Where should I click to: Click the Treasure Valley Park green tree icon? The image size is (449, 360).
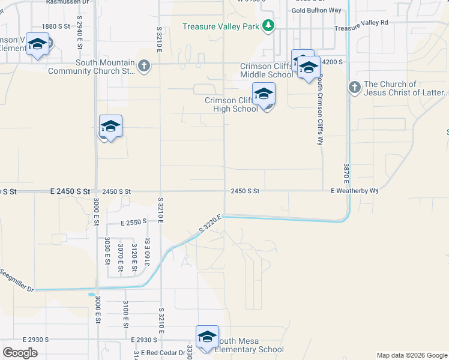tap(268, 25)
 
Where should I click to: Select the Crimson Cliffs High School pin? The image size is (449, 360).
tap(264, 95)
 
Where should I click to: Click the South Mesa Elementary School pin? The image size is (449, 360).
tap(207, 337)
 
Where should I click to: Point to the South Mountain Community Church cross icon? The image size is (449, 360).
tap(143, 66)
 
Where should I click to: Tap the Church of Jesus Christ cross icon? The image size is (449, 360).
tap(354, 88)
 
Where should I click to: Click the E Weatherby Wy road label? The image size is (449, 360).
tap(354, 191)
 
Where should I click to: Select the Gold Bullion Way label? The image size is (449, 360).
tap(316, 10)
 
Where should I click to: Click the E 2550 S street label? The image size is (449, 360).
tap(133, 222)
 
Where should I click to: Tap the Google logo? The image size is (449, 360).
tap(20, 353)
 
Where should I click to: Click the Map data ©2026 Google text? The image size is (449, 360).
tap(411, 355)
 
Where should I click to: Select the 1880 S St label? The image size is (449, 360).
tap(56, 26)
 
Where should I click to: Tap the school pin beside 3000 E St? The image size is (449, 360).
tap(110, 127)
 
